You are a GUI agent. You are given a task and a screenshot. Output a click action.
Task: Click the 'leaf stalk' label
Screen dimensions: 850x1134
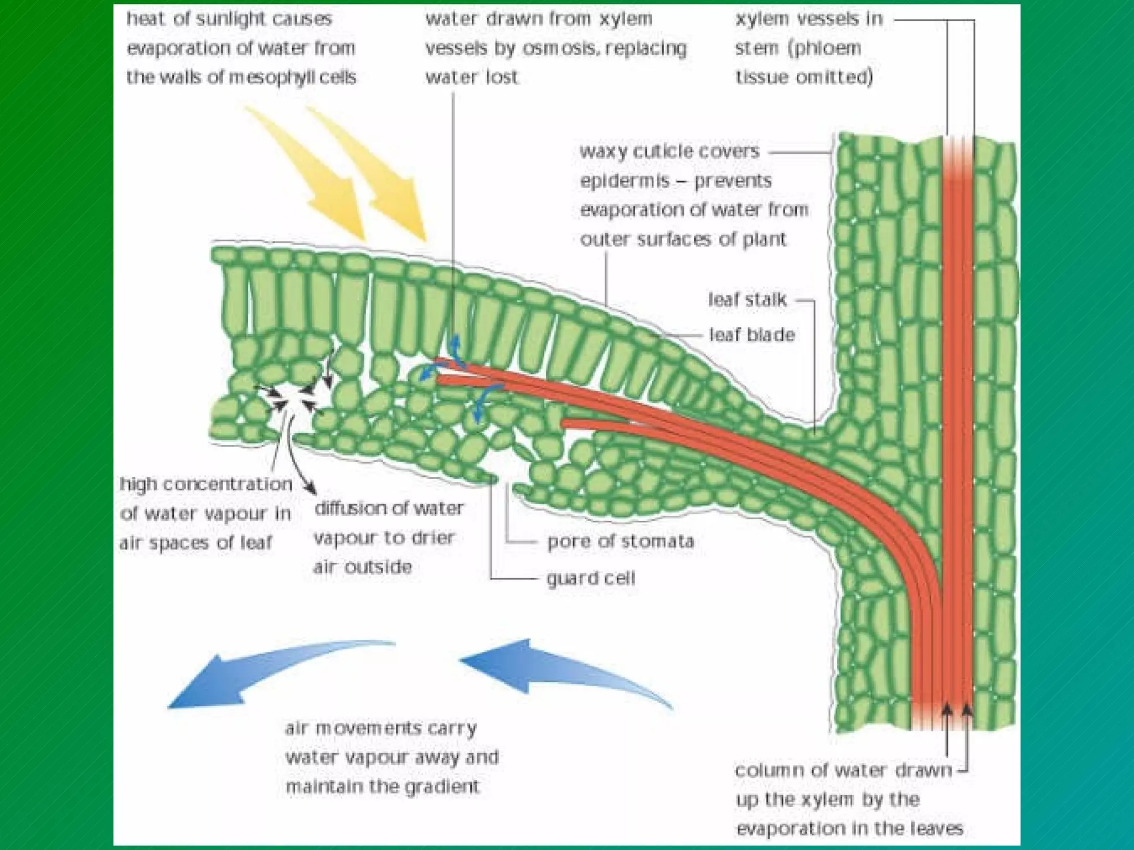747,300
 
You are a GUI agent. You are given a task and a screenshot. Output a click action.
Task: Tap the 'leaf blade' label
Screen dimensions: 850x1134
752,335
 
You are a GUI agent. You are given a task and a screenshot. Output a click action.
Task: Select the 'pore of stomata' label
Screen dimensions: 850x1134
620,541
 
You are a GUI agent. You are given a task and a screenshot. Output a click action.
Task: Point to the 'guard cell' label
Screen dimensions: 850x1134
591,578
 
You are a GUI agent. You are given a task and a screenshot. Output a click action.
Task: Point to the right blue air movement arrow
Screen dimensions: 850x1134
548,670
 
